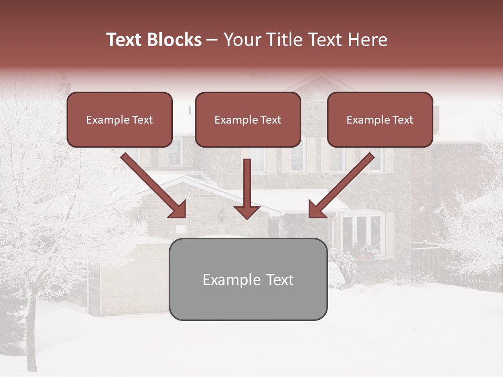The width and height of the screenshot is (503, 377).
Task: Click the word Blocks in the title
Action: point(174,40)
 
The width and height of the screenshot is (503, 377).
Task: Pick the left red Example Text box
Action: point(119,119)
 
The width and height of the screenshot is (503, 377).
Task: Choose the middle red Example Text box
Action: point(248,119)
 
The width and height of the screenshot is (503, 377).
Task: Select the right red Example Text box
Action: point(380,119)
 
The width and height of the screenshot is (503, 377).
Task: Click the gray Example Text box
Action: point(248,279)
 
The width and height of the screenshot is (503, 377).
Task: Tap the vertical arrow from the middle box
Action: point(247,183)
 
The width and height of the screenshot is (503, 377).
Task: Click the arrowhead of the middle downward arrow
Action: point(247,211)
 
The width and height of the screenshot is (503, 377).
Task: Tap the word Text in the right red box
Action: point(402,120)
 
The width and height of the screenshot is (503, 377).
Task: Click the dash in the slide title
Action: point(212,40)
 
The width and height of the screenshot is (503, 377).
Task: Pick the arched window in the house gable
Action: point(318,96)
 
